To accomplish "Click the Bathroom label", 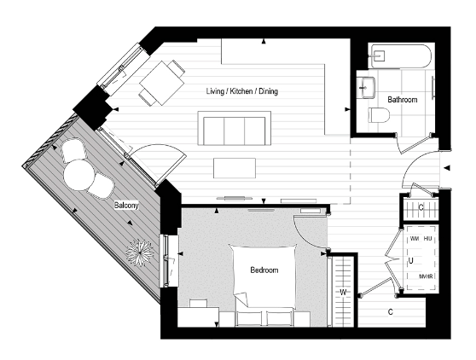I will [403, 100].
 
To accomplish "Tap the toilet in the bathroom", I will [376, 115].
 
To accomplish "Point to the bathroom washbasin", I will [369, 85].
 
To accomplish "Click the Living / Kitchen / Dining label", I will [242, 91].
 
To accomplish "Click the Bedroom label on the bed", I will [264, 270].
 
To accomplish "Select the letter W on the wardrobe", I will [343, 293].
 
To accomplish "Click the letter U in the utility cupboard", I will [411, 260].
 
